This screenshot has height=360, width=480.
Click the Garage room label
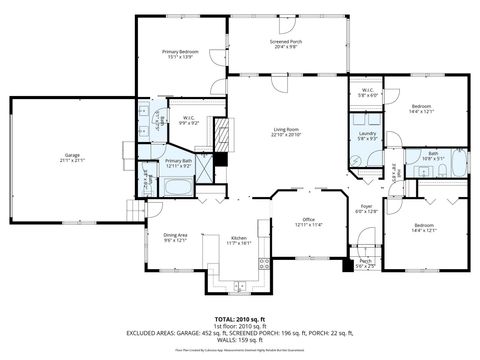(72, 157)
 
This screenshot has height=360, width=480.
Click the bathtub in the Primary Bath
(179, 188)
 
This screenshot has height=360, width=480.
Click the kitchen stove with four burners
(265, 265)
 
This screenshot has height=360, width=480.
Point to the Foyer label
(367, 207)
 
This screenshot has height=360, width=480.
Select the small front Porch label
(366, 264)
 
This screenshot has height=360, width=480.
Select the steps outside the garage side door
(134, 211)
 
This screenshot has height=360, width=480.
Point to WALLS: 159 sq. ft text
(239, 339)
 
